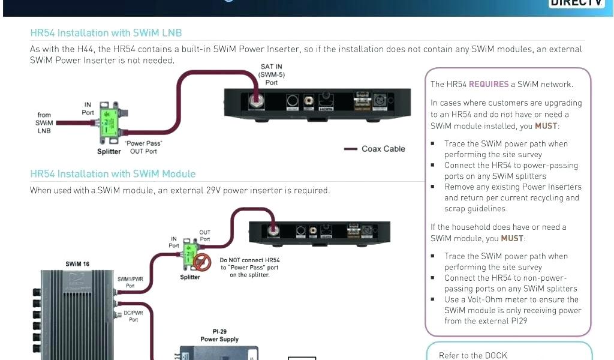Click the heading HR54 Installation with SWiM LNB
[106, 33]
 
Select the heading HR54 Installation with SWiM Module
[113, 174]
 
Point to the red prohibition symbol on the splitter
[201, 261]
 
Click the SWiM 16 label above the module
[78, 264]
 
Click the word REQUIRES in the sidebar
[489, 85]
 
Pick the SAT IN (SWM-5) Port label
[271, 74]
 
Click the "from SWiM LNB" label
[44, 122]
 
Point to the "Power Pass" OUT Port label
[143, 148]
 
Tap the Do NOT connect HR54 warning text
[249, 268]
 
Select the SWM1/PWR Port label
[130, 282]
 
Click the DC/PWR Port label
[133, 316]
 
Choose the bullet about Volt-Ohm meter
[511, 310]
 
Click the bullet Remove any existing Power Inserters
[511, 197]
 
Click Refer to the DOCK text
[473, 355]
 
